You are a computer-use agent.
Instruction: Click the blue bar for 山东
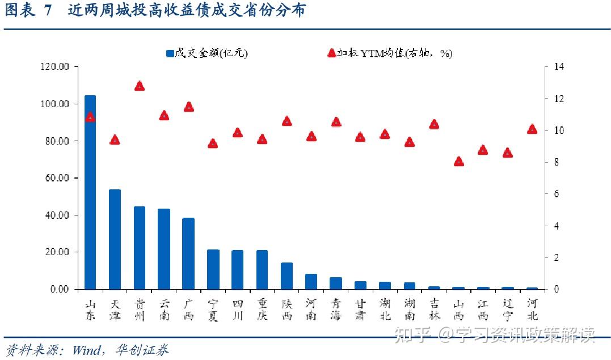point(90,193)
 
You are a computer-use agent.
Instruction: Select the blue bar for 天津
point(115,239)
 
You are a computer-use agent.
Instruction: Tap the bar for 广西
point(188,253)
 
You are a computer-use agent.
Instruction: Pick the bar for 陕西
point(286,276)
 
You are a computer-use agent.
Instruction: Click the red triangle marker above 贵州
point(140,86)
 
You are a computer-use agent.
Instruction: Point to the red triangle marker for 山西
point(459,162)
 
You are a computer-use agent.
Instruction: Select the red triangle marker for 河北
point(532,129)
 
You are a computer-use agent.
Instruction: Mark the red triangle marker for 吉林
point(434,124)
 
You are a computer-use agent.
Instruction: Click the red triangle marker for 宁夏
point(213,143)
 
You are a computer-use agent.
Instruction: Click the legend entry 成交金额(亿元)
point(207,53)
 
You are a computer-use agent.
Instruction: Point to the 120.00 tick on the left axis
point(55,67)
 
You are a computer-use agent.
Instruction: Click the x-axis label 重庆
point(262,309)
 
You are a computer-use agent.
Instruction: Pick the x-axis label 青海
point(336,309)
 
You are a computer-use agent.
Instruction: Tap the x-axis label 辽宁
point(508,309)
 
